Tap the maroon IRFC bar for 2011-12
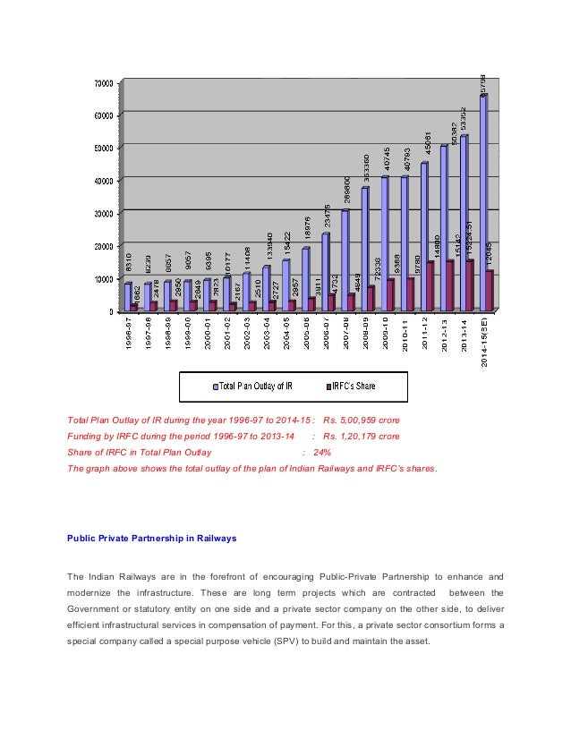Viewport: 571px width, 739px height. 430,285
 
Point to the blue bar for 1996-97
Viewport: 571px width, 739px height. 128,296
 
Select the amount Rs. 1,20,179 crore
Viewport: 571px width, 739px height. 362,436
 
